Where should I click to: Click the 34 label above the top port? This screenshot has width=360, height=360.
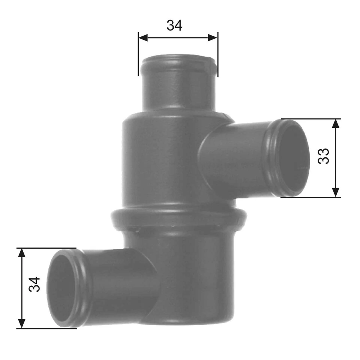[x=174, y=25]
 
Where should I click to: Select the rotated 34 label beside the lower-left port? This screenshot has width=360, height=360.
[x=34, y=285]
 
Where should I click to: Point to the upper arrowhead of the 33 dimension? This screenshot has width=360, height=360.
[x=336, y=124]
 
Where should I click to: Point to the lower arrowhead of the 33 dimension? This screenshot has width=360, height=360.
[x=336, y=192]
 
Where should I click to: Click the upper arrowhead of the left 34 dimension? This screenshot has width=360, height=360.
[x=22, y=253]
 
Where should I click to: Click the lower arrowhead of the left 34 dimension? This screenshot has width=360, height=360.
[x=22, y=323]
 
